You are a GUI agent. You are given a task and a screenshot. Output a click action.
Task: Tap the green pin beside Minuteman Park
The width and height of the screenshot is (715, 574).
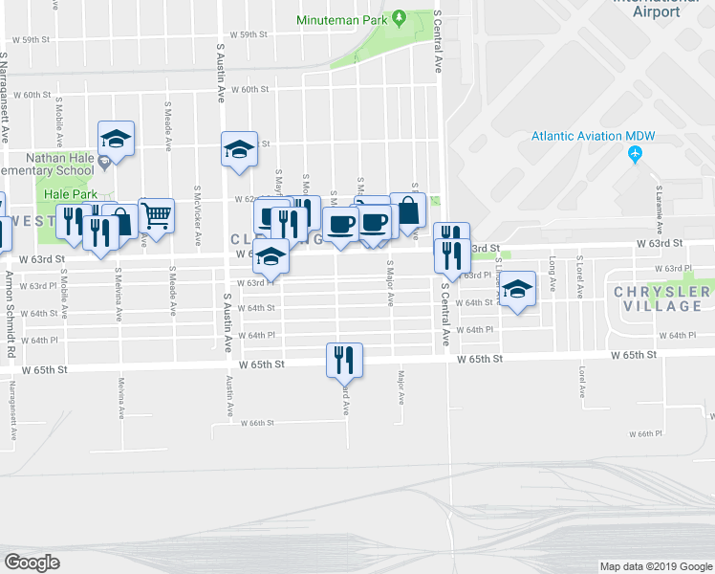tap(403, 18)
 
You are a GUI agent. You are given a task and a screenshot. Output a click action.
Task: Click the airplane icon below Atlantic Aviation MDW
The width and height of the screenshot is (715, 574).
tap(636, 155)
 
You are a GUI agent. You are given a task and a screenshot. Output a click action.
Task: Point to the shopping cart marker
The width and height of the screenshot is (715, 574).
tap(156, 214)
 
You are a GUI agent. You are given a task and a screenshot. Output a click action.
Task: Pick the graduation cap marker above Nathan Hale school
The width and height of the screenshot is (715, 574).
tap(116, 139)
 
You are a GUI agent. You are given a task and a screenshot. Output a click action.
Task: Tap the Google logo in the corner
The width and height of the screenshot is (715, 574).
tap(32, 563)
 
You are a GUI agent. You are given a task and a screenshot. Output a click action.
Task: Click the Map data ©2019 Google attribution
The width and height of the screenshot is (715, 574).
tap(656, 566)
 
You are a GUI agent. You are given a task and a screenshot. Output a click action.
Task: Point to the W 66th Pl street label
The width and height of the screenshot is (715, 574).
tap(646, 433)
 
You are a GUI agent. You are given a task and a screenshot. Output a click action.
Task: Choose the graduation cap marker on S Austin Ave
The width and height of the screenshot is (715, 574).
tap(239, 149)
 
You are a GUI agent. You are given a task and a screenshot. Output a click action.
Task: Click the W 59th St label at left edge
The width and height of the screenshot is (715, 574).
tap(31, 40)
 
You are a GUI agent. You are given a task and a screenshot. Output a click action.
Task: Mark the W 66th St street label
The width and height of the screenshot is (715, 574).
tap(257, 423)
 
